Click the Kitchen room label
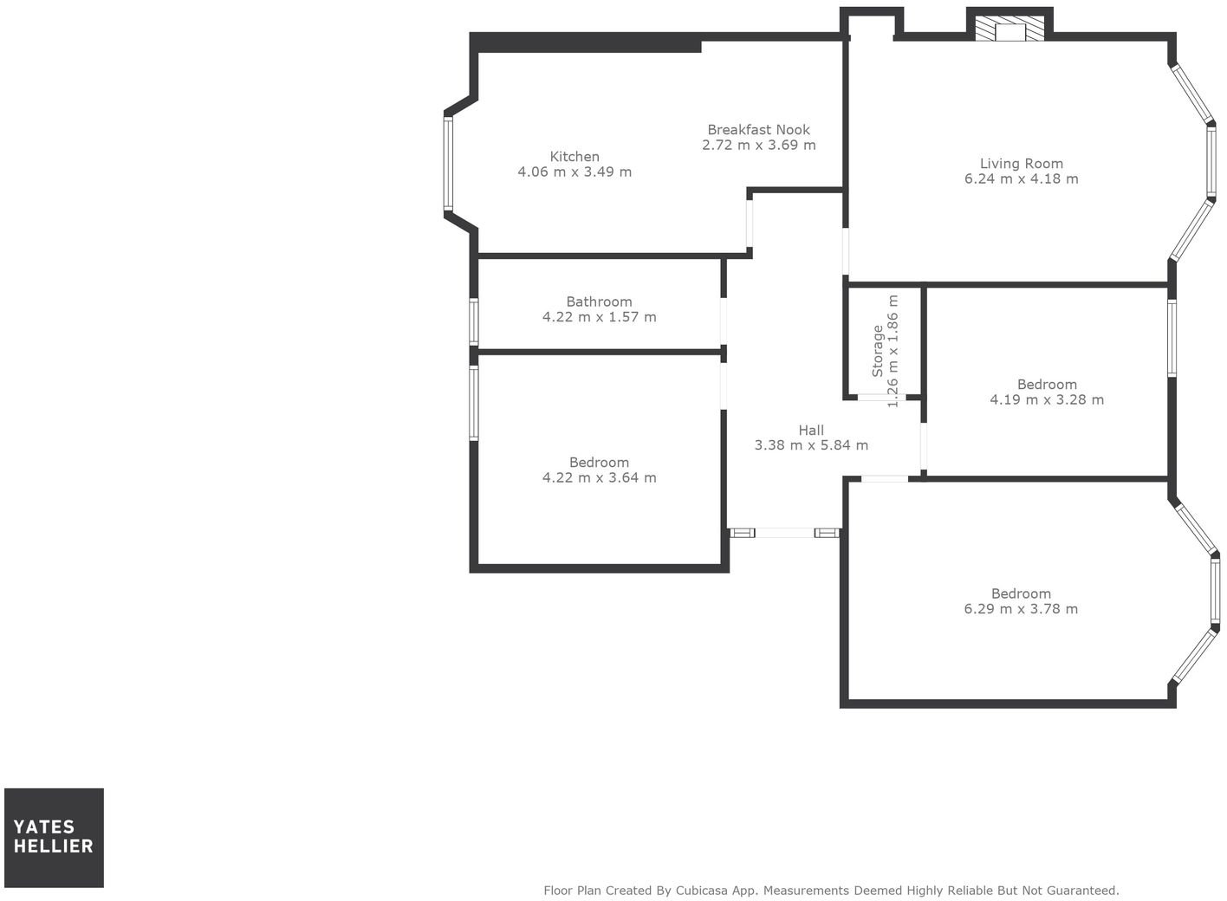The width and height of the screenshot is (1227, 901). (575, 157)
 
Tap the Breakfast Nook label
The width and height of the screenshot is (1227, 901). (758, 130)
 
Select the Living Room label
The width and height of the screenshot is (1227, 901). (1021, 164)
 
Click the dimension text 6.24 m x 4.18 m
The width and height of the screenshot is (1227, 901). (1021, 179)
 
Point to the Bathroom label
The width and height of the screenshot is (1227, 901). (599, 302)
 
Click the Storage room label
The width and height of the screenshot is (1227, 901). (877, 351)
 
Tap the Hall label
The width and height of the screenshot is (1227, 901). (811, 431)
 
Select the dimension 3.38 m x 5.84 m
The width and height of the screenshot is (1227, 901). (811, 445)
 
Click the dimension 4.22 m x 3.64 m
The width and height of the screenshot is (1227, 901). (599, 477)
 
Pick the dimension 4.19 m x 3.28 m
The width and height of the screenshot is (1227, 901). (1047, 399)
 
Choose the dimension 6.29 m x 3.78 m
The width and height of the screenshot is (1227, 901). (1021, 609)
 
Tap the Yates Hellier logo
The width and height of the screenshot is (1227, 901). (54, 837)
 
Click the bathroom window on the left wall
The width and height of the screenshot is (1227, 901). (474, 321)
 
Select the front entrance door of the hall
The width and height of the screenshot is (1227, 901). (784, 533)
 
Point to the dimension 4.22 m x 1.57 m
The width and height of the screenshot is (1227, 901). (599, 317)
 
